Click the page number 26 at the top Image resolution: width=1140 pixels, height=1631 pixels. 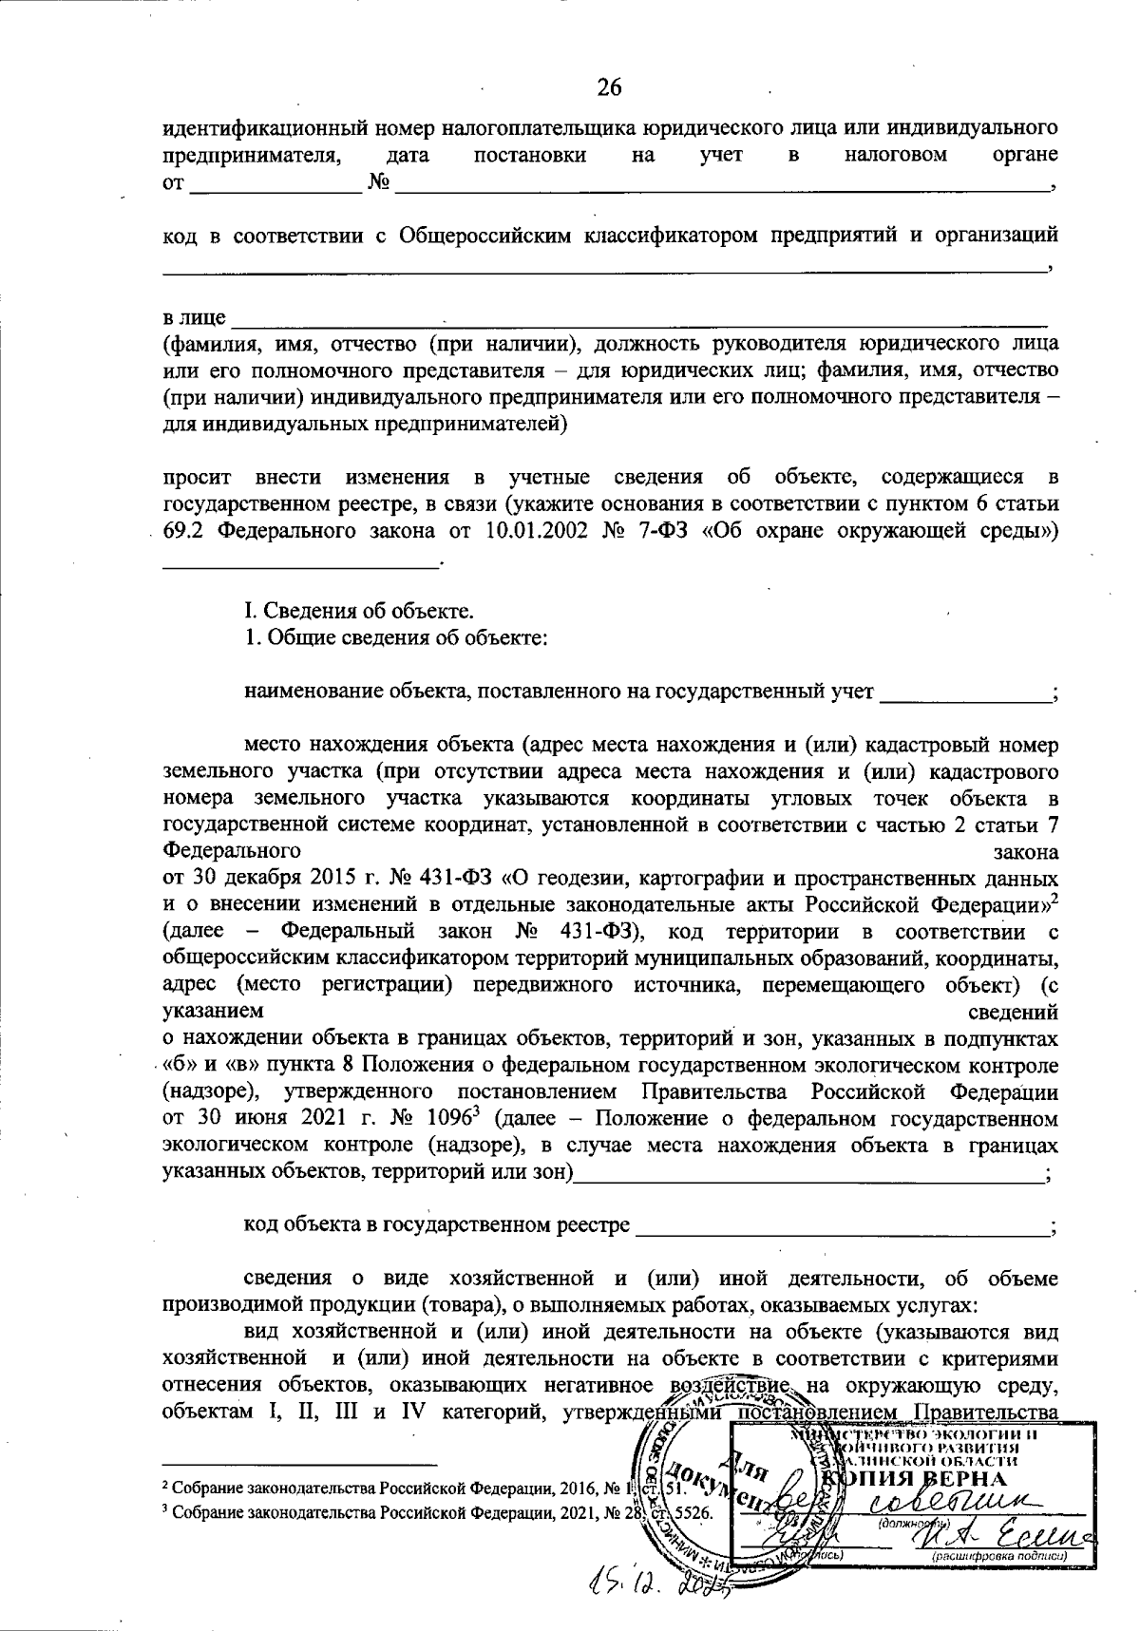coord(609,87)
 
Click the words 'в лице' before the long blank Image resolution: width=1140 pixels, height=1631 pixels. coord(194,316)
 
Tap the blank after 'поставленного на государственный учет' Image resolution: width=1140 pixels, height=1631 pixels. coord(964,693)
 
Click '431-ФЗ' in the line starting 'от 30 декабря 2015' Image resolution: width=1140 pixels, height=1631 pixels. coord(460,874)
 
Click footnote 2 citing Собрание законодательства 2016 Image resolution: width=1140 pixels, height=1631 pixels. coord(408,1488)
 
